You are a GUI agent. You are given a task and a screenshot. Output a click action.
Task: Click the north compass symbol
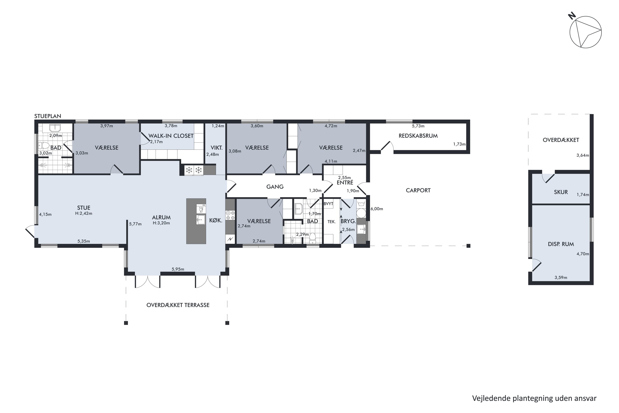(585, 32)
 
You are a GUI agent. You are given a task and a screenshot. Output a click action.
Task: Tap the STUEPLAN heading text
(48, 116)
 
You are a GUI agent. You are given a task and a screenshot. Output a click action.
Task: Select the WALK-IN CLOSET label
(171, 136)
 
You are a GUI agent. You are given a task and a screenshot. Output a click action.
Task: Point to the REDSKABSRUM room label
(418, 136)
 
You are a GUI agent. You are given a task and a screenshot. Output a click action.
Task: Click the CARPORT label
(418, 190)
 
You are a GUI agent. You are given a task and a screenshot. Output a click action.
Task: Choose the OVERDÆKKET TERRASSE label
(178, 305)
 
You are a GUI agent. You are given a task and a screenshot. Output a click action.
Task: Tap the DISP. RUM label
(561, 244)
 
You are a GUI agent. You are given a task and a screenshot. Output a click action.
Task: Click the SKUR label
(561, 192)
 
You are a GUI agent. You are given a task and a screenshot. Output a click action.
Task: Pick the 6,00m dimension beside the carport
(377, 209)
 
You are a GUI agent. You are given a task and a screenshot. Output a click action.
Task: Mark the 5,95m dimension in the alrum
(178, 269)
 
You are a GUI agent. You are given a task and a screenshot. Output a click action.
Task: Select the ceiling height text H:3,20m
(161, 223)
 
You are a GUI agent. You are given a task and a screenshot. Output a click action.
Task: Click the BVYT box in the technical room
(328, 204)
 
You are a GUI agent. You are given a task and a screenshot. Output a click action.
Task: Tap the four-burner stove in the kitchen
(230, 215)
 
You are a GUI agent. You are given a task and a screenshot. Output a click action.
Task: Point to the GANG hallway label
(275, 187)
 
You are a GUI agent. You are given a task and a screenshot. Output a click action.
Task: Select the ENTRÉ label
(345, 183)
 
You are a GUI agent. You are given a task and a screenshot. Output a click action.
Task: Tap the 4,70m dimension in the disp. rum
(583, 254)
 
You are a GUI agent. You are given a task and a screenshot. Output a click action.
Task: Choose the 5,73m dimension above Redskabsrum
(418, 126)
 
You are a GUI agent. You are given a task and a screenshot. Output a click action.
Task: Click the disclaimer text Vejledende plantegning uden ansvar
(534, 398)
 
